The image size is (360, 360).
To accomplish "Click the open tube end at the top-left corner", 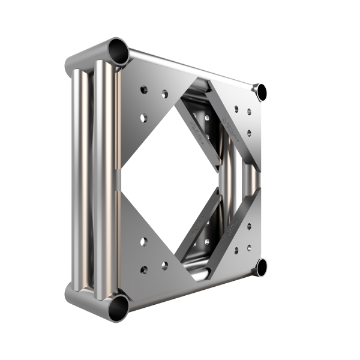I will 119,52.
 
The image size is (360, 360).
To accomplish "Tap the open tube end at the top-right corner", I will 261,92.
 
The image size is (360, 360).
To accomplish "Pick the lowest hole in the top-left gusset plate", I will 144,118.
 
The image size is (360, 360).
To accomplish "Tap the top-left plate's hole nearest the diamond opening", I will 164,94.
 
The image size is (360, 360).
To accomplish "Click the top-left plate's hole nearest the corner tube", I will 144,90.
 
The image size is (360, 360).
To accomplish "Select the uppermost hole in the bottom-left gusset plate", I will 144,241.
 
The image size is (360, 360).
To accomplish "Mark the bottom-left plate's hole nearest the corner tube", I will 144,269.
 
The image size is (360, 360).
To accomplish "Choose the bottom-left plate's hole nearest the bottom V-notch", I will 164,265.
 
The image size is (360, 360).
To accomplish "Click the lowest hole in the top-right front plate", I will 249,133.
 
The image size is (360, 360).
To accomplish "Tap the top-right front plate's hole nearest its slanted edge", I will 236,109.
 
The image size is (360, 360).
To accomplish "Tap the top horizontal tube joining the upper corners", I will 192,68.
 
